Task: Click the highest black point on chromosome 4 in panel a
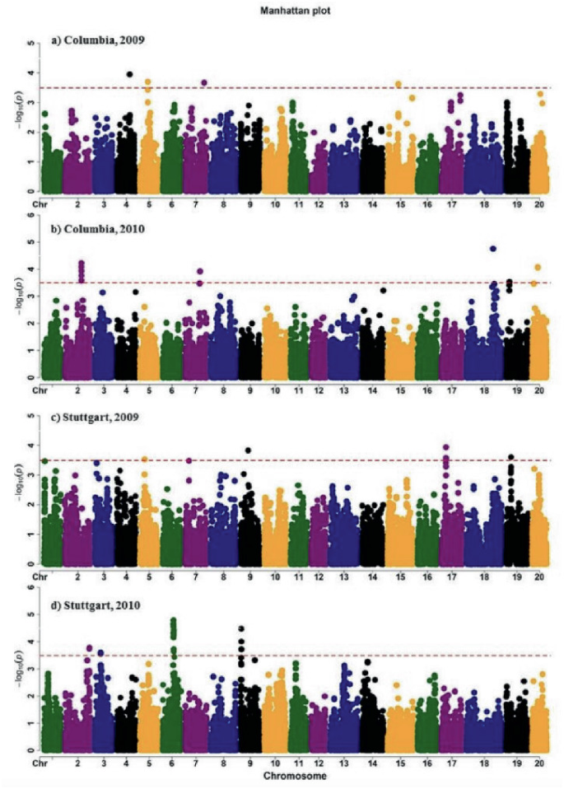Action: coord(130,74)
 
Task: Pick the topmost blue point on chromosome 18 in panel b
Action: coord(493,248)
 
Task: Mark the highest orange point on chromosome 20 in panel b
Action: coord(538,267)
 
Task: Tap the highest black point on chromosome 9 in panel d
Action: coord(241,628)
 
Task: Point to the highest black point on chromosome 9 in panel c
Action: coord(248,451)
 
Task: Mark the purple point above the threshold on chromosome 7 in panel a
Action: coord(203,82)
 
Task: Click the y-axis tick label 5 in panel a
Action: coord(31,43)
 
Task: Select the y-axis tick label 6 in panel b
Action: coord(31,215)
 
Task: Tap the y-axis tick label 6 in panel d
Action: coord(31,588)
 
